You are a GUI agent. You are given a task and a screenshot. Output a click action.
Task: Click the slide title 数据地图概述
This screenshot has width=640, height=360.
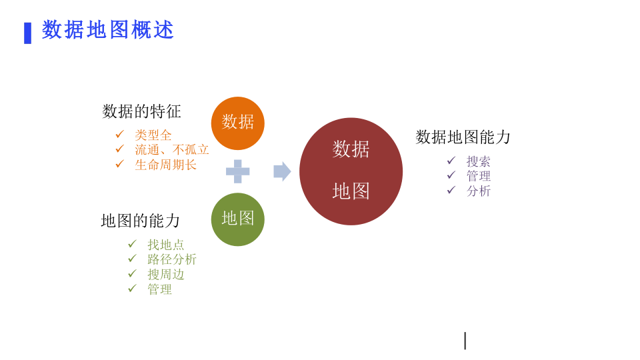point(108,30)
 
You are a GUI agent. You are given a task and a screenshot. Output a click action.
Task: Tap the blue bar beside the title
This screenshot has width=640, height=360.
point(28,33)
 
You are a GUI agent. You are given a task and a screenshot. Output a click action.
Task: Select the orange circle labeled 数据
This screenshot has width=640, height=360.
point(238,123)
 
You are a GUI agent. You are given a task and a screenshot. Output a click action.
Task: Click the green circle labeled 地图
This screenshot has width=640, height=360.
point(238,219)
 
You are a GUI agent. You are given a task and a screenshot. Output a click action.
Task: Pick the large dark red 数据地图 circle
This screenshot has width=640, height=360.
point(351,171)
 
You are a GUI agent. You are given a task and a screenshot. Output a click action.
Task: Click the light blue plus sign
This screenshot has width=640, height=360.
point(238,171)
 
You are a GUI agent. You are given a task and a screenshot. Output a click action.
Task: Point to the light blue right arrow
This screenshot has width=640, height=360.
point(282,171)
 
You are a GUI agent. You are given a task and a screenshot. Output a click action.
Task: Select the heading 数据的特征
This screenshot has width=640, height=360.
point(141,111)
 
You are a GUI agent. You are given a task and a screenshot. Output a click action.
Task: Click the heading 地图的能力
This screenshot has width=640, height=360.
point(141,221)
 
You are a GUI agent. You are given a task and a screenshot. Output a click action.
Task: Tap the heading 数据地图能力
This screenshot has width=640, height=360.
point(463,137)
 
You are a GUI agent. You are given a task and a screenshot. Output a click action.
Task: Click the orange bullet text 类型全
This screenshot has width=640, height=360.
point(153,135)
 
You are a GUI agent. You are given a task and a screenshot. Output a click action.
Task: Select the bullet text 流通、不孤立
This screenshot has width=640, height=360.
point(172,149)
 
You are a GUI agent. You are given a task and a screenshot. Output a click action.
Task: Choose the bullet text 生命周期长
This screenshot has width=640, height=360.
point(166,165)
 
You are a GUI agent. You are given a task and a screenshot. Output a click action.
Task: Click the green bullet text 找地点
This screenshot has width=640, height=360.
point(166,245)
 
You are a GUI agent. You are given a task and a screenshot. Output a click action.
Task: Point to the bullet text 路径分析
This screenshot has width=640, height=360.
point(172,259)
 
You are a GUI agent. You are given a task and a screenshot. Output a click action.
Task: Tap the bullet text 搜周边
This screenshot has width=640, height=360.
point(166,274)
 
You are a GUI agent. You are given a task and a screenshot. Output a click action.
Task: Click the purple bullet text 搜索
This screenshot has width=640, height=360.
point(479,161)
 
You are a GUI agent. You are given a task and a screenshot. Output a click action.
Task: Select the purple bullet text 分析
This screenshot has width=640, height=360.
point(479,191)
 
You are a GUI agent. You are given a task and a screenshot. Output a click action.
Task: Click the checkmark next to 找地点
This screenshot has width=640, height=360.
point(132,244)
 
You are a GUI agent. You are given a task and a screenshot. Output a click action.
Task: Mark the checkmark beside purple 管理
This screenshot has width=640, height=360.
point(451,175)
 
